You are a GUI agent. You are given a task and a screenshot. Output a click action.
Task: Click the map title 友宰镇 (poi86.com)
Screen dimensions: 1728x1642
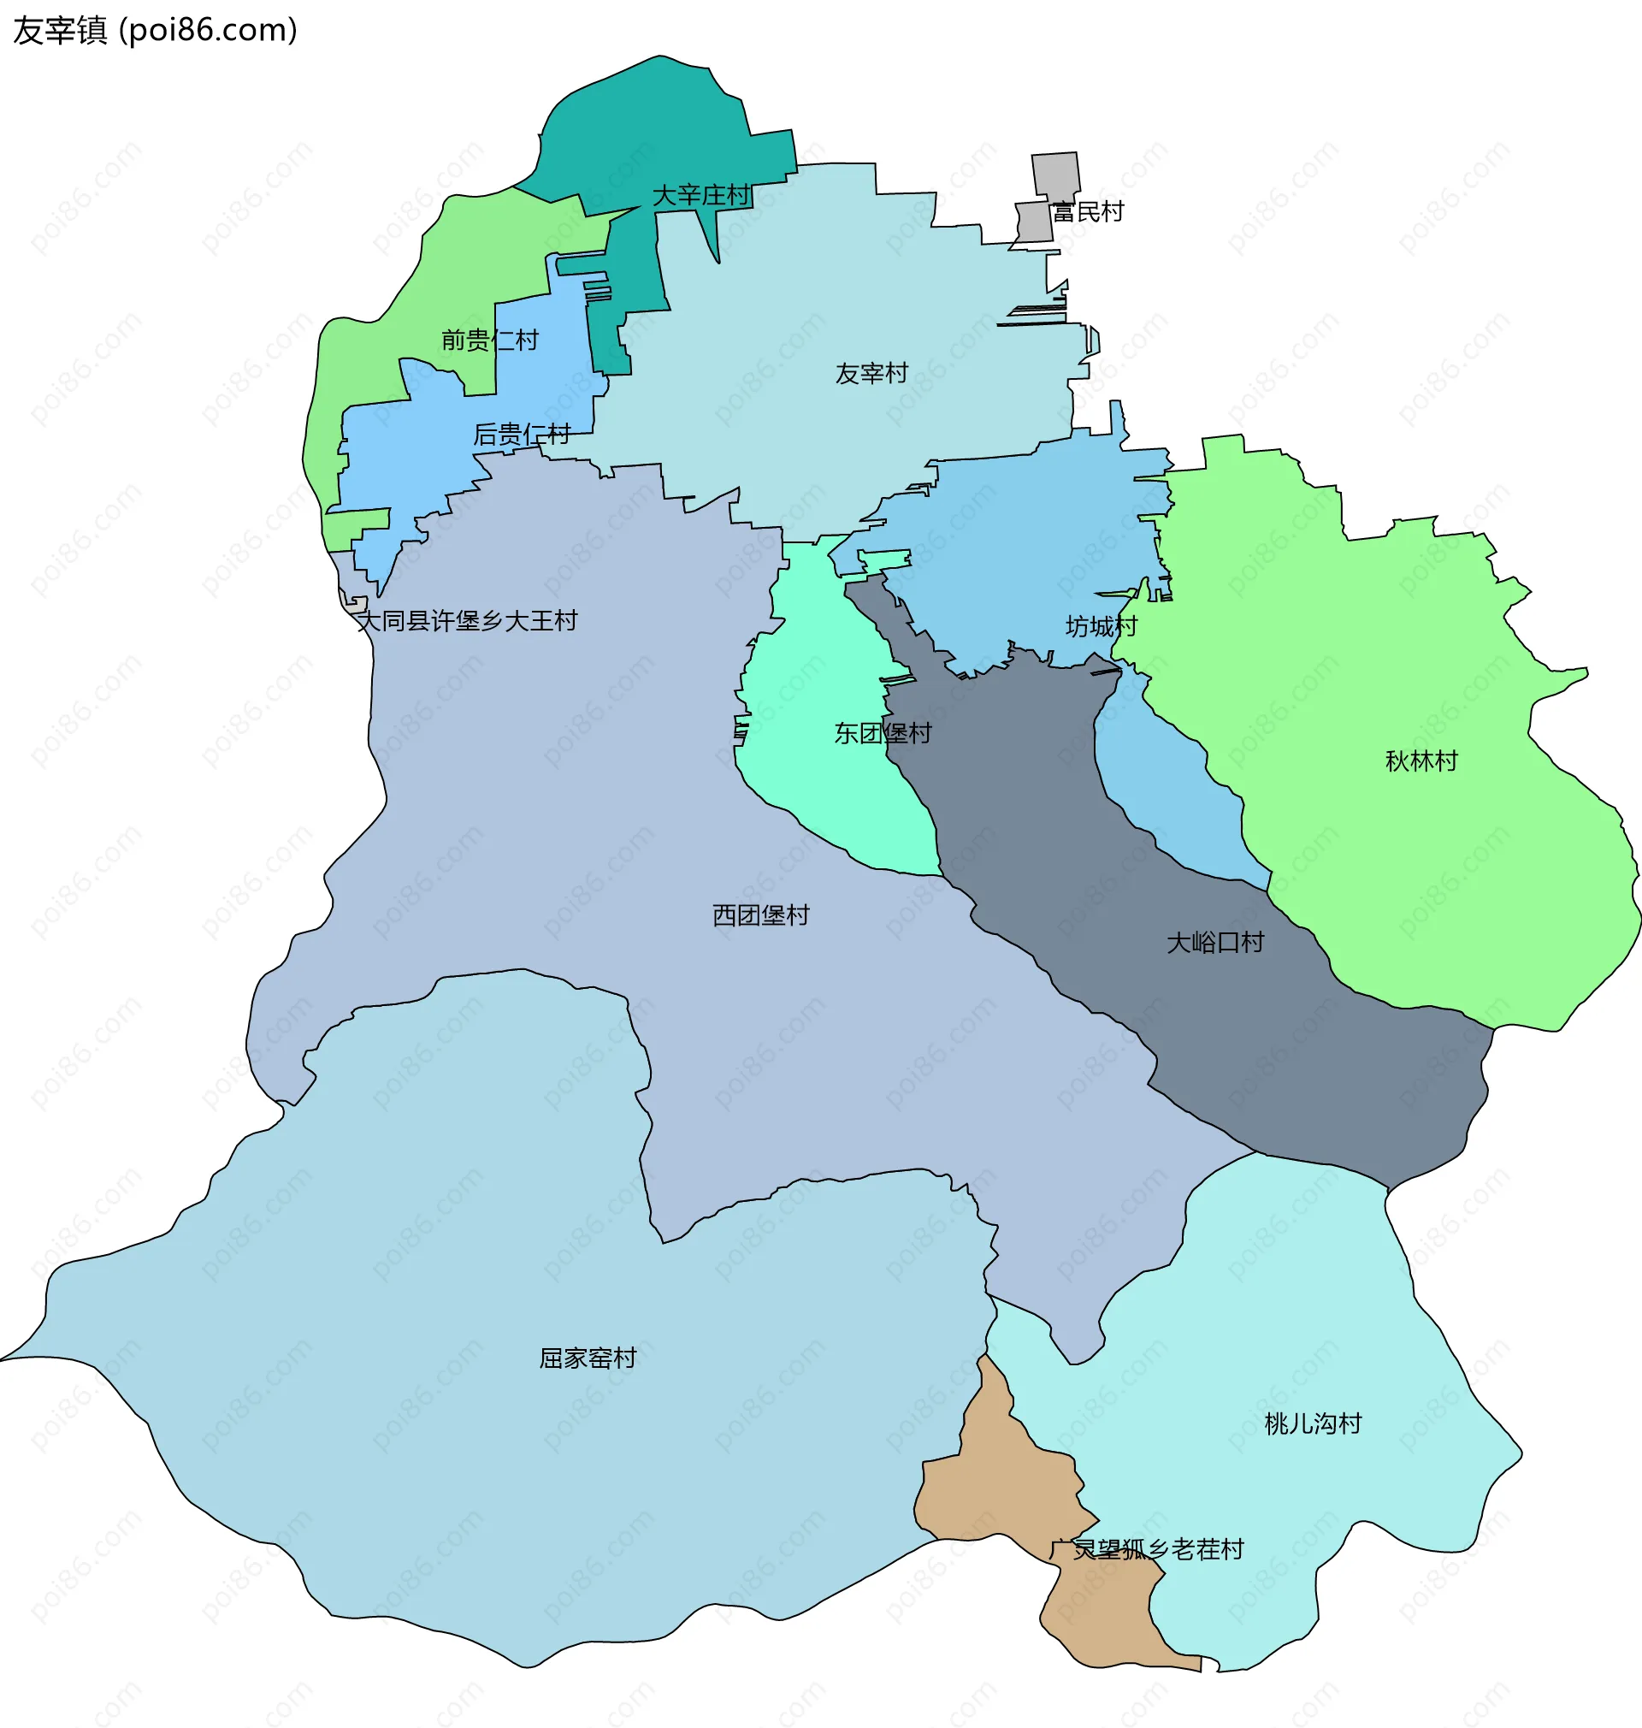coord(155,31)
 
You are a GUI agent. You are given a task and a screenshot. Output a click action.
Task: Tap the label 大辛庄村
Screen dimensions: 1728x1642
coord(701,195)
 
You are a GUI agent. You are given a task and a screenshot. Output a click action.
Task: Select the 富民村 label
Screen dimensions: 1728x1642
coord(1088,212)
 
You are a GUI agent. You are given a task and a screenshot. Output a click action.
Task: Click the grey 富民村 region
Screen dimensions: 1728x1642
coord(1054,175)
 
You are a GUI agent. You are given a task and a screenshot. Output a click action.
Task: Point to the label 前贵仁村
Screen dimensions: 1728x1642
coord(489,340)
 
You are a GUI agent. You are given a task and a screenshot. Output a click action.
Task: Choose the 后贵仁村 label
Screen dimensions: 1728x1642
coord(522,435)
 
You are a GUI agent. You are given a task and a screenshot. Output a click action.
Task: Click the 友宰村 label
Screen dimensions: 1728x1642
coord(871,374)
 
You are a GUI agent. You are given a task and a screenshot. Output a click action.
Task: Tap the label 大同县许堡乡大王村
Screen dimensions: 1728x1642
coord(467,621)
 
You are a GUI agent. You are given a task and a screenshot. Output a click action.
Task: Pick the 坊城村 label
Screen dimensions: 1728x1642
coord(1102,626)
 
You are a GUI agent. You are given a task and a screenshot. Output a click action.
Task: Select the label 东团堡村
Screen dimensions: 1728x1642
coord(883,733)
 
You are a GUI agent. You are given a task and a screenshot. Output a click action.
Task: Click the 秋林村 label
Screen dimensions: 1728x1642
coord(1421,760)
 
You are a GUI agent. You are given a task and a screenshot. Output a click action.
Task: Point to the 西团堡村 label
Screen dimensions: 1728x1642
coord(760,914)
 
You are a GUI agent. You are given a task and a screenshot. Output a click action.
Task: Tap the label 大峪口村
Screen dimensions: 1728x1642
coord(1215,942)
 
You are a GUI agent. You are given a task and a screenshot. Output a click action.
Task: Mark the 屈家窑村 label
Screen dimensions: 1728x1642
coord(588,1358)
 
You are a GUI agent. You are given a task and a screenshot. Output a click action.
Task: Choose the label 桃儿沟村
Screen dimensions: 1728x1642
coord(1313,1423)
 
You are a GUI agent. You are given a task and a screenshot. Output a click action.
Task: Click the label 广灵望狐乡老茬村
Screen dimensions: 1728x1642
coord(1147,1549)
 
